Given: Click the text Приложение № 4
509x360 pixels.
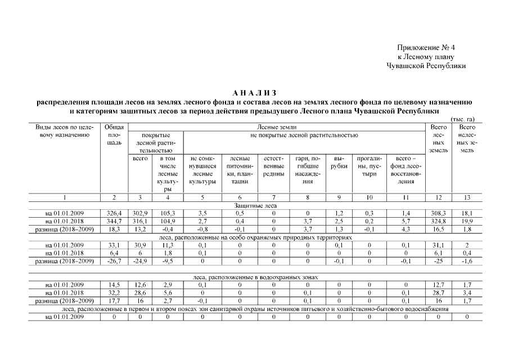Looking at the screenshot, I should (x=426, y=48).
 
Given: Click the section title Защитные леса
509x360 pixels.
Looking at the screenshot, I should (x=255, y=206).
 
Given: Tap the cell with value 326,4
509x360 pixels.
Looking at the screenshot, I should (x=114, y=214).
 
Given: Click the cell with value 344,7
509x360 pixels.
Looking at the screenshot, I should (x=114, y=222).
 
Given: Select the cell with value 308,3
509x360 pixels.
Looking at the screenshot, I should (x=439, y=214).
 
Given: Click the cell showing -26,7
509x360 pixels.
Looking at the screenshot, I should (x=114, y=262).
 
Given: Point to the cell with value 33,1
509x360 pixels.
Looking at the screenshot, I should (x=114, y=246).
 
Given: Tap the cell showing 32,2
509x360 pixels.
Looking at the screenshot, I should (x=114, y=294).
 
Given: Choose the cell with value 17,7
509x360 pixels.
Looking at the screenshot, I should (x=114, y=301).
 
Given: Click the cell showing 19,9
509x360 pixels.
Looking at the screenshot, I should (x=467, y=222).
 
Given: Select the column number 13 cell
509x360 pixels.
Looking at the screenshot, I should (x=467, y=197).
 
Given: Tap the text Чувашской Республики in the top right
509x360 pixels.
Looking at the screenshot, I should (x=426, y=65).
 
